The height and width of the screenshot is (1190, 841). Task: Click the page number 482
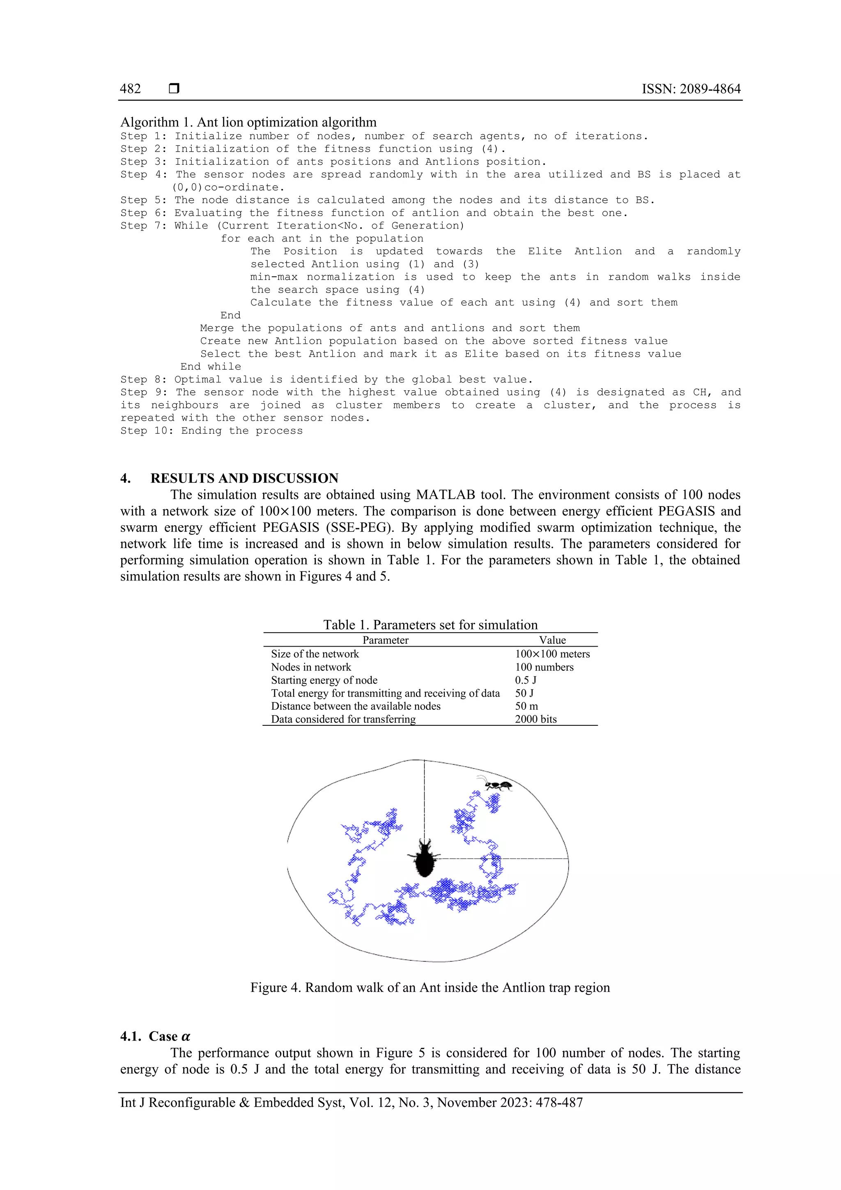click(x=130, y=89)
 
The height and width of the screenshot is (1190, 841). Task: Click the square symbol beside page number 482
click(x=174, y=89)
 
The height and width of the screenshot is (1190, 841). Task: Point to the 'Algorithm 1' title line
click(x=248, y=122)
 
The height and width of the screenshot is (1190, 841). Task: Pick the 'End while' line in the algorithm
click(x=210, y=366)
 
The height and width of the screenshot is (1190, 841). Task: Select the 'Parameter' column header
click(x=385, y=640)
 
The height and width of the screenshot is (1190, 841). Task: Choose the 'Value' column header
click(x=552, y=640)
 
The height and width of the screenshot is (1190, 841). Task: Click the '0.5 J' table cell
click(x=526, y=680)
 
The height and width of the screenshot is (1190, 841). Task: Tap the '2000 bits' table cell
click(x=535, y=719)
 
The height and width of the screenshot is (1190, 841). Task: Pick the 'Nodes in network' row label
click(x=311, y=667)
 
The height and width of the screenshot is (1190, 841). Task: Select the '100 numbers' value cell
click(x=544, y=667)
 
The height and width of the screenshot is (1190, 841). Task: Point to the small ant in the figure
click(x=497, y=786)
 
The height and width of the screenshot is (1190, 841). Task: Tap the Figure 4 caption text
click(x=430, y=987)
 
